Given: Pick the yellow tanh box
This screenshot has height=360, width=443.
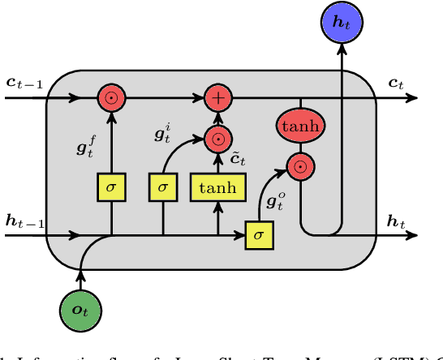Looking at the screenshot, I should point(218,188).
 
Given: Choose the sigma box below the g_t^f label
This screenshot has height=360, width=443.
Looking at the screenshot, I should point(111,188).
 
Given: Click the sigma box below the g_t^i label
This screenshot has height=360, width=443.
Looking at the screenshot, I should point(163,188).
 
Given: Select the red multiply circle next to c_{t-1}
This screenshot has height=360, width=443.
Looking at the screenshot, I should point(111,98).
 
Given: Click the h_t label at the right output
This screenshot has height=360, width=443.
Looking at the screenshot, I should point(396,221).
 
